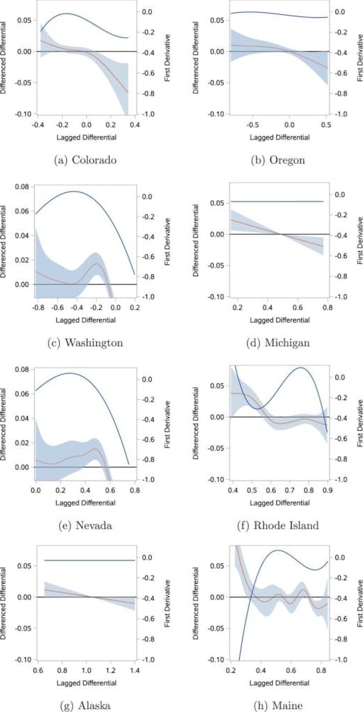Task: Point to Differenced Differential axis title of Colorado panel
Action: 6,62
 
